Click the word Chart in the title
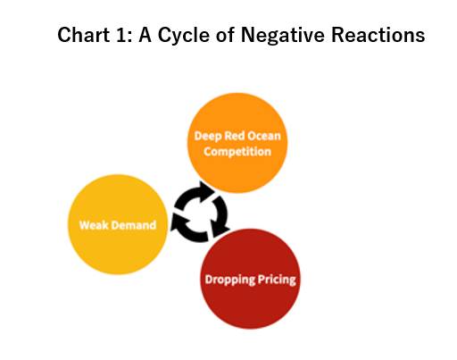point(84,35)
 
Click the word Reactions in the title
point(378,35)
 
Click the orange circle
point(237,143)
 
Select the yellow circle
point(118,224)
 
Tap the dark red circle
point(251,279)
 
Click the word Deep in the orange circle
point(208,137)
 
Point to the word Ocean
point(263,136)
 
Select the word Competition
point(237,152)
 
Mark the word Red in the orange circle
point(235,136)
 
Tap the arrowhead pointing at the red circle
point(220,230)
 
